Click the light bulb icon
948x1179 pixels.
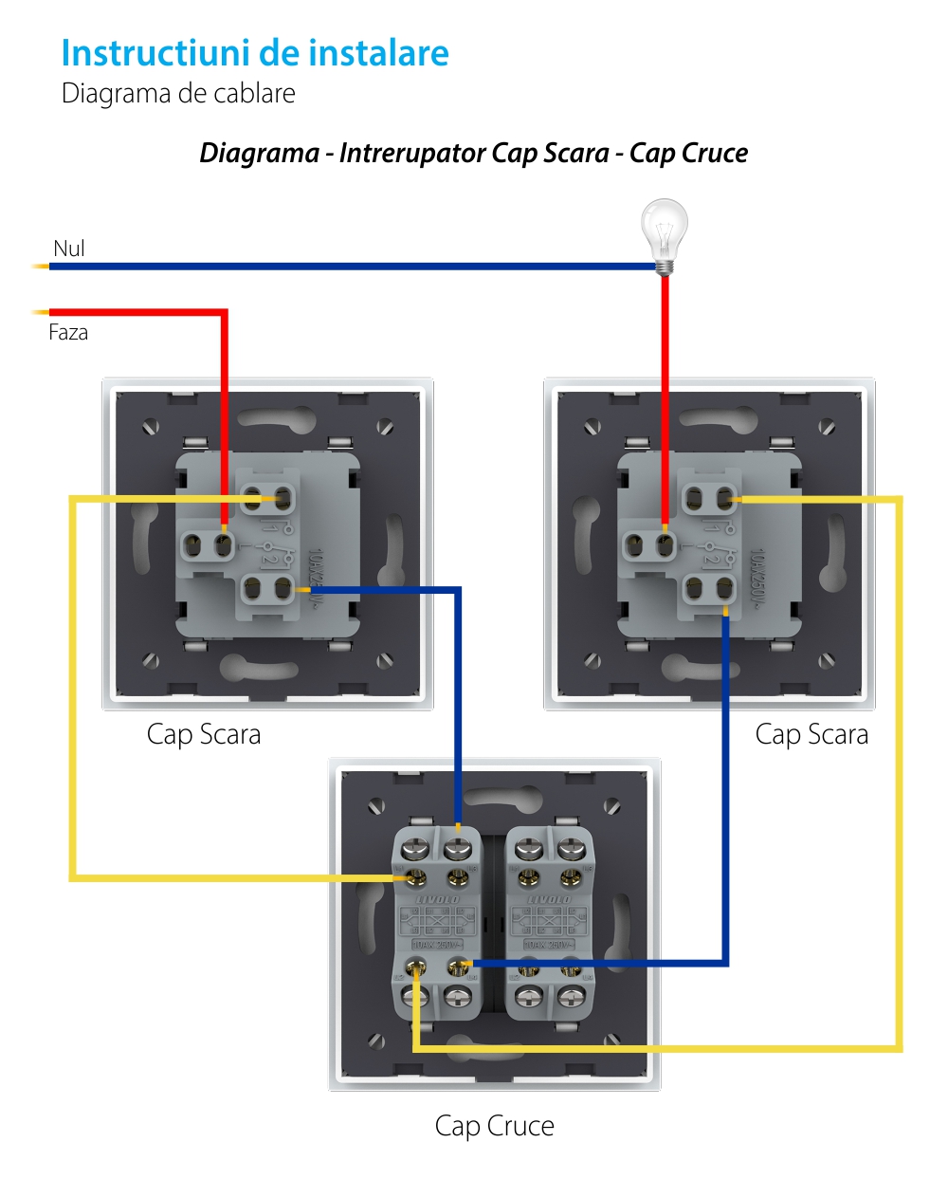[665, 228]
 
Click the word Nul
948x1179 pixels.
[69, 249]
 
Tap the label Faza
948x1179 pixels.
[68, 332]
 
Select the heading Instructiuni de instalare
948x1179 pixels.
[255, 53]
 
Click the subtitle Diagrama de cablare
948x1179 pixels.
[178, 94]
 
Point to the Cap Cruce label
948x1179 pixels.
[494, 1126]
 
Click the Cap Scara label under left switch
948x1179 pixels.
[204, 734]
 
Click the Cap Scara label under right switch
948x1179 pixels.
[811, 734]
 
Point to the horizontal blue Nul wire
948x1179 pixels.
[351, 267]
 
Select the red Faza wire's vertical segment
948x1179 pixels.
[225, 408]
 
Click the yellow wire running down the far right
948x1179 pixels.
[899, 759]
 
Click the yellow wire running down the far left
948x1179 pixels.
[73, 683]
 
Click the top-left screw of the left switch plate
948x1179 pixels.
[151, 428]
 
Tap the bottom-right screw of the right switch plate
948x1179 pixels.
[828, 660]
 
